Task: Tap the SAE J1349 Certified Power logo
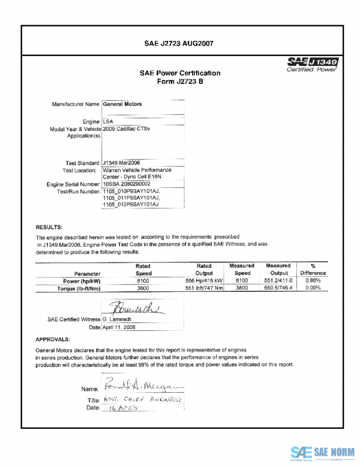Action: click(x=312, y=65)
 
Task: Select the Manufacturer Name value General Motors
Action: click(x=122, y=104)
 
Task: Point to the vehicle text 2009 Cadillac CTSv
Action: click(x=127, y=129)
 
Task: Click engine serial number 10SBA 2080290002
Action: click(x=127, y=184)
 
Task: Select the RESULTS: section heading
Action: click(x=49, y=228)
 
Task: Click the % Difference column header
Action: click(x=313, y=269)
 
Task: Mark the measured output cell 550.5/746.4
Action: click(x=278, y=288)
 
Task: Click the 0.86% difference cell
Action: click(x=313, y=280)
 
